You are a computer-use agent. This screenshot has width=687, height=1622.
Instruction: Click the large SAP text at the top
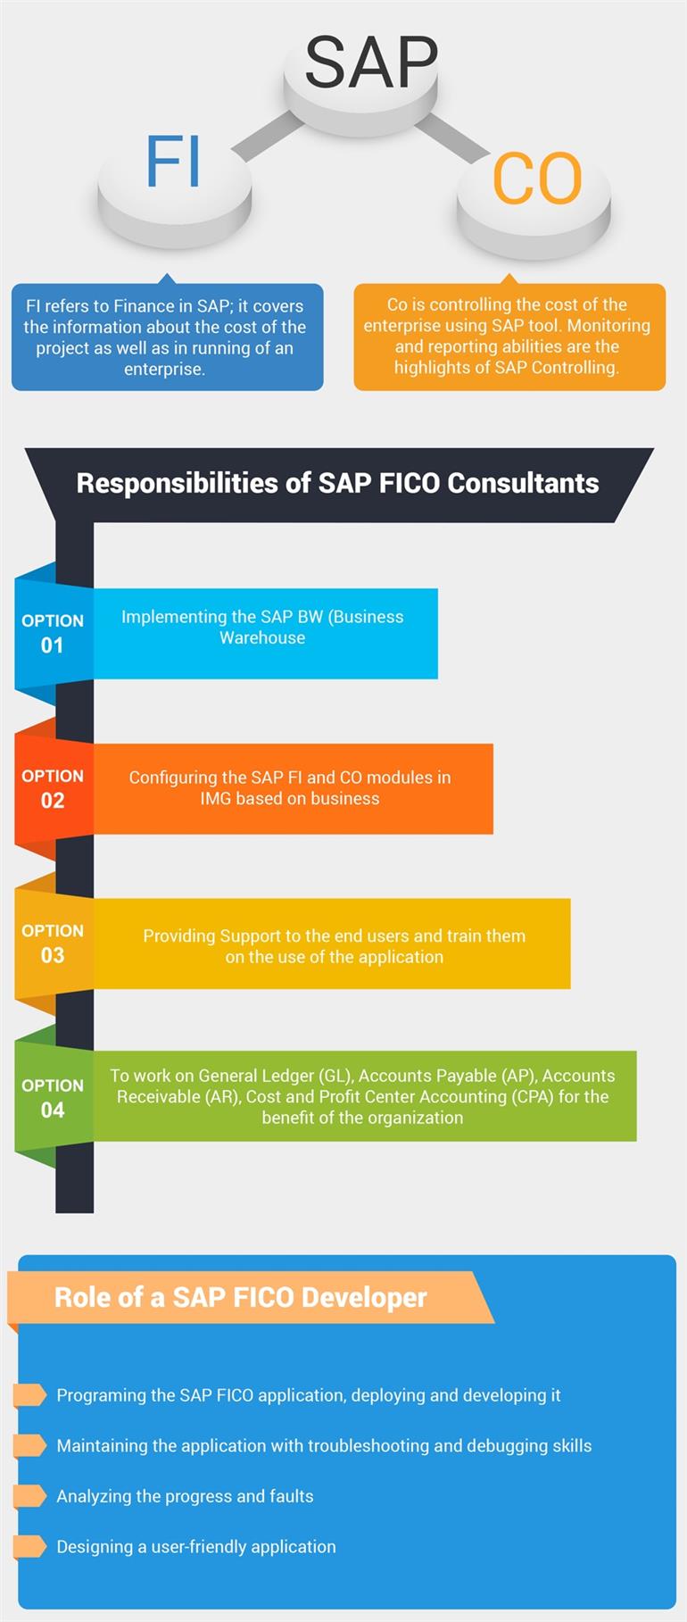371,62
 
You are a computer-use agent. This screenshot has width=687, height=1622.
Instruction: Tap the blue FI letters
173,162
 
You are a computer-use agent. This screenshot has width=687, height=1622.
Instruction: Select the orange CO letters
537,179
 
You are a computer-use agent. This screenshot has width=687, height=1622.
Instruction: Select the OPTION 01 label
53,633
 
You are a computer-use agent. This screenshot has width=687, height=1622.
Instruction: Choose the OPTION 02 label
53,788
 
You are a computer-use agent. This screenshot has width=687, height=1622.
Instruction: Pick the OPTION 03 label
53,943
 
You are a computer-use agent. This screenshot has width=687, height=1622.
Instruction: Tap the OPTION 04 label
53,1098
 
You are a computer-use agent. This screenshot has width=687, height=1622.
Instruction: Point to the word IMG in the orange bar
215,798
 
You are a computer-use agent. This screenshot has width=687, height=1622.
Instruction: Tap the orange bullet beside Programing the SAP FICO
30,1394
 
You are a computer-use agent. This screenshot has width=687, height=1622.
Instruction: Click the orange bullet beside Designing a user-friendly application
30,1546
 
